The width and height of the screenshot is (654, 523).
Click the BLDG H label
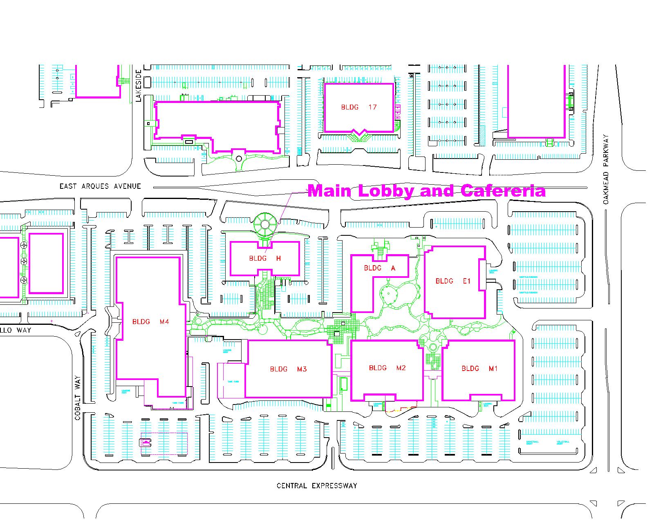pos(265,258)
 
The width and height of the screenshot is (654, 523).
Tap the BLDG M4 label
pos(150,322)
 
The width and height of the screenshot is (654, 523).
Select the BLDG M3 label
pos(288,369)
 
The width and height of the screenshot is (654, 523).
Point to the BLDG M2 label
pos(387,368)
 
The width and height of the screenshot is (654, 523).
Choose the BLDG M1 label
pos(479,368)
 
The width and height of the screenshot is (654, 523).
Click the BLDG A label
pos(380,268)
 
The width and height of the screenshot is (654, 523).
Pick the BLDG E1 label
pos(453,281)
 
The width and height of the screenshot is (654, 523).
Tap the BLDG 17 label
pos(358,107)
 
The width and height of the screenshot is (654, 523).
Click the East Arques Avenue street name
pos(100,186)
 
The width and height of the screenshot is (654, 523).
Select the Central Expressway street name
pos(317,486)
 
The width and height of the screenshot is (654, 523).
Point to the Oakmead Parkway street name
pos(606,170)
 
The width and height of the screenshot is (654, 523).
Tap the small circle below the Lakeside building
pos(239,158)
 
